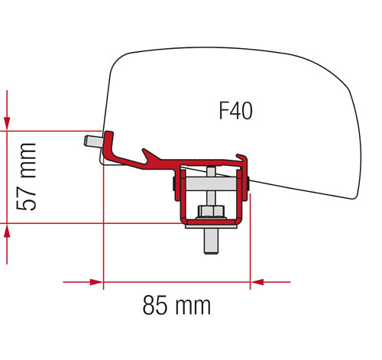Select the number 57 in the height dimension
pos(28,201)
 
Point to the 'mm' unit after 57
pos(28,159)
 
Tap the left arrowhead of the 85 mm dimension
pos(95,282)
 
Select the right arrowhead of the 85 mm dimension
pos(257,282)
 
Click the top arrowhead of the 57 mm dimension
pos(7,122)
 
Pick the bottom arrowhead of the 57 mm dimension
pos(7,231)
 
